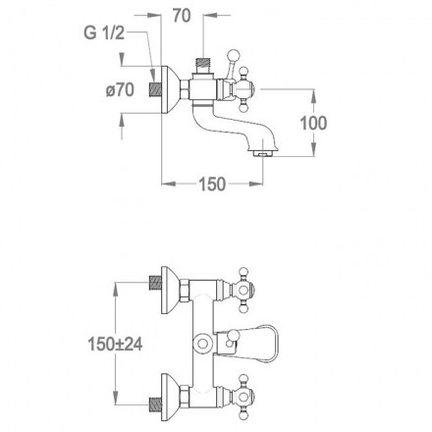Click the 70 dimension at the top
click(x=182, y=16)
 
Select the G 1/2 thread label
click(x=104, y=33)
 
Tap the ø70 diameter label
click(x=120, y=89)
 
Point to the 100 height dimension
click(x=313, y=123)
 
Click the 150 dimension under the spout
click(x=212, y=184)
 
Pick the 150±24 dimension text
click(x=115, y=344)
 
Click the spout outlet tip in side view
click(x=264, y=153)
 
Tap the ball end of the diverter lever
click(x=234, y=54)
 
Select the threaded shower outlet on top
click(x=202, y=64)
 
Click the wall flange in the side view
click(x=170, y=89)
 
